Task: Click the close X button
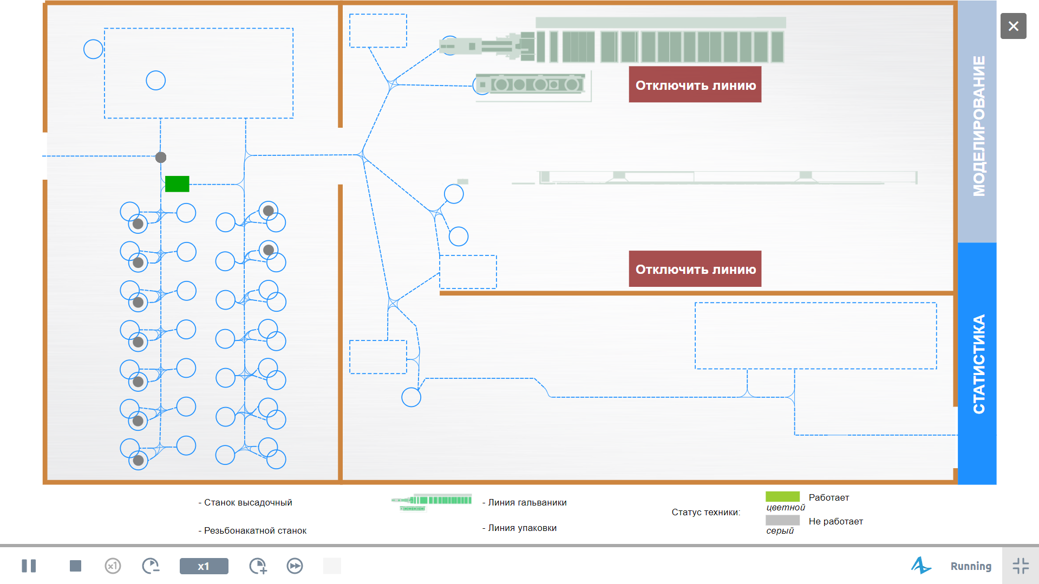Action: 1013,26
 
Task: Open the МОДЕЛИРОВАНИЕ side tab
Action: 977,122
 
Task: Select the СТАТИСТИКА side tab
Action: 977,363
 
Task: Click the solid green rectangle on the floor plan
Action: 177,184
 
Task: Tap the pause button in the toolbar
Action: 29,566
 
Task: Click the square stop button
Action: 75,566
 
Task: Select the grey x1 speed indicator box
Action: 204,566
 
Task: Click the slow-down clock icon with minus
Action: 151,566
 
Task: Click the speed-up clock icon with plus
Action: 258,566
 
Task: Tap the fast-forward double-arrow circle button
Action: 295,566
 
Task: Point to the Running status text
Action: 971,567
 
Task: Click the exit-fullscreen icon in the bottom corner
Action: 1021,566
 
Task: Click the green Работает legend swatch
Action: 782,496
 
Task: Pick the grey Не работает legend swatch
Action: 782,520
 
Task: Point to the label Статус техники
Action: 705,512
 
